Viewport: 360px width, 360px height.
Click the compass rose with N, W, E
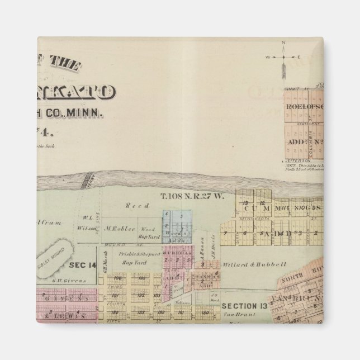point(283,56)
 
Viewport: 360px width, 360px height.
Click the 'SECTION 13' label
point(244,306)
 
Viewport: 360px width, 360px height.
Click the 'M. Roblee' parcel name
point(119,229)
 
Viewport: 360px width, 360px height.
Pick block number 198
point(117,277)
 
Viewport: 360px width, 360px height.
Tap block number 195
point(141,277)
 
